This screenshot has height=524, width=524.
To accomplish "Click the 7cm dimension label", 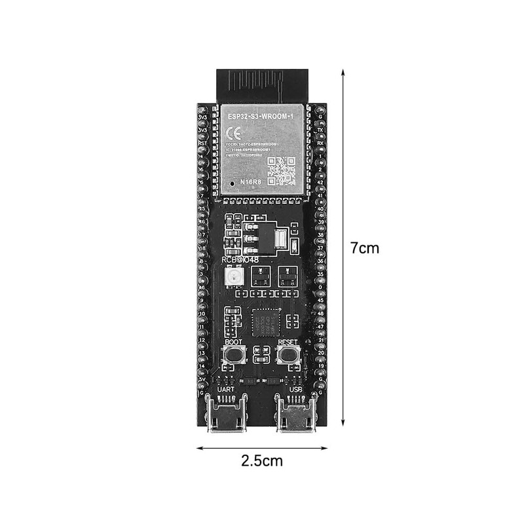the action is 364,248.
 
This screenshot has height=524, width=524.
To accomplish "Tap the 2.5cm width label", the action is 261,460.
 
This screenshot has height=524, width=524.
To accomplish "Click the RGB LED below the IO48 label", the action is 231,278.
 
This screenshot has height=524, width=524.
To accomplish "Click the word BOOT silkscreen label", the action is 232,341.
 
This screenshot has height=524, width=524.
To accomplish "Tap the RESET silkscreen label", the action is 288,341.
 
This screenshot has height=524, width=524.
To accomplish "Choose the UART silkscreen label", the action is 226,389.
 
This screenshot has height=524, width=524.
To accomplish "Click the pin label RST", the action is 203,142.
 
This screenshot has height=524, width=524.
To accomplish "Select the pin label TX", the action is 320,130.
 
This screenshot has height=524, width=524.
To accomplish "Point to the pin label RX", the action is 320,142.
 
